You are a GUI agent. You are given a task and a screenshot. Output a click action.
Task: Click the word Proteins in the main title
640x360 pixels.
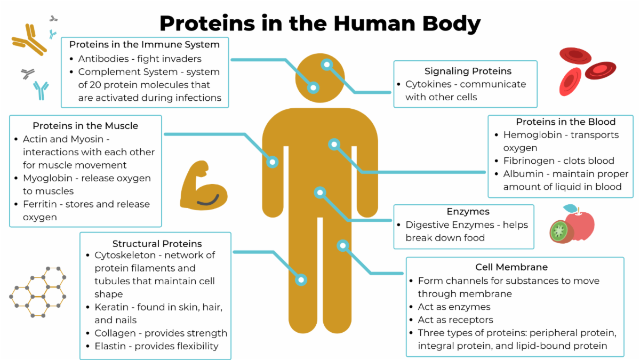pyautogui.click(x=207, y=23)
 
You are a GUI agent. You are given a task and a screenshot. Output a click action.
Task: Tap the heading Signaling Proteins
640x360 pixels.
pyautogui.click(x=468, y=71)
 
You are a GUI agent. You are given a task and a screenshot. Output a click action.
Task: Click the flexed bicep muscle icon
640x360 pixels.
pyautogui.click(x=203, y=185)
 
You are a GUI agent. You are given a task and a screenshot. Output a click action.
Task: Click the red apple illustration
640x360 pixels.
pyautogui.click(x=580, y=225)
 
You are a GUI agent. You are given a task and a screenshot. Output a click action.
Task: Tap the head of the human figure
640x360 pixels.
pyautogui.click(x=319, y=78)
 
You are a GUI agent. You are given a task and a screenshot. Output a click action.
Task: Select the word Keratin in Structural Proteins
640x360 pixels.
pyautogui.click(x=111, y=307)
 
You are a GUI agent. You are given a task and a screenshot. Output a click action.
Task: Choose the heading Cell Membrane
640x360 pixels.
pyautogui.click(x=511, y=267)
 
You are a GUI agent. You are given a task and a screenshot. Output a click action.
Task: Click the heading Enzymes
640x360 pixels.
pyautogui.click(x=468, y=212)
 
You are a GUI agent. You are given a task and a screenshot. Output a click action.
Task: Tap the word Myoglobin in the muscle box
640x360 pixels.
pyautogui.click(x=47, y=178)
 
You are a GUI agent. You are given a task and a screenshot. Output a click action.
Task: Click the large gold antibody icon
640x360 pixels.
pyautogui.click(x=29, y=39)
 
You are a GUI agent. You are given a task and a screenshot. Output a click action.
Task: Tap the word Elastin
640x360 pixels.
pyautogui.click(x=110, y=346)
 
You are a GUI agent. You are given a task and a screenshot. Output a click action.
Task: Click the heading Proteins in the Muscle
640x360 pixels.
pyautogui.click(x=85, y=126)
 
